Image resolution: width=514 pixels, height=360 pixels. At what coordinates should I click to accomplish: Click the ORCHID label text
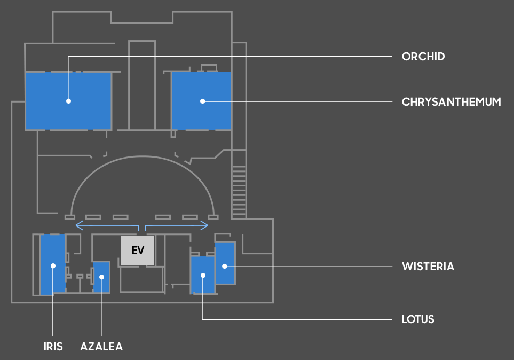tap(423, 57)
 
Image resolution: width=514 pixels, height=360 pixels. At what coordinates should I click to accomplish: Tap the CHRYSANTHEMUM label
tap(451, 101)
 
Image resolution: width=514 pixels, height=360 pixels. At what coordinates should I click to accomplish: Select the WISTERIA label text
tap(428, 266)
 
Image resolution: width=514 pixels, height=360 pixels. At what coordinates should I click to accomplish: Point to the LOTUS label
tap(417, 319)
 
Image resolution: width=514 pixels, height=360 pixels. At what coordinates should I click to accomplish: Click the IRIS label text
tap(53, 346)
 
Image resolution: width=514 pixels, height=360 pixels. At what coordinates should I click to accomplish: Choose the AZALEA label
tap(101, 346)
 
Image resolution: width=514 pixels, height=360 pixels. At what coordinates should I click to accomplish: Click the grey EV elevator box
tap(137, 251)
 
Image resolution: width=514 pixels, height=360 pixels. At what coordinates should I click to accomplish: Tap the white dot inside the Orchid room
tap(68, 100)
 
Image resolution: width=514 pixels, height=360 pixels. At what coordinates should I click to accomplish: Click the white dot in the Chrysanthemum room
tap(202, 100)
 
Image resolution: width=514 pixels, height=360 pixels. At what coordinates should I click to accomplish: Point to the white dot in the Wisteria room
tap(225, 266)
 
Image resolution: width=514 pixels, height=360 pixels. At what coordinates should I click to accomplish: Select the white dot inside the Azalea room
tap(101, 276)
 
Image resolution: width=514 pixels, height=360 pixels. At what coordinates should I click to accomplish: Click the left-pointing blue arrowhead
tap(78, 225)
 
